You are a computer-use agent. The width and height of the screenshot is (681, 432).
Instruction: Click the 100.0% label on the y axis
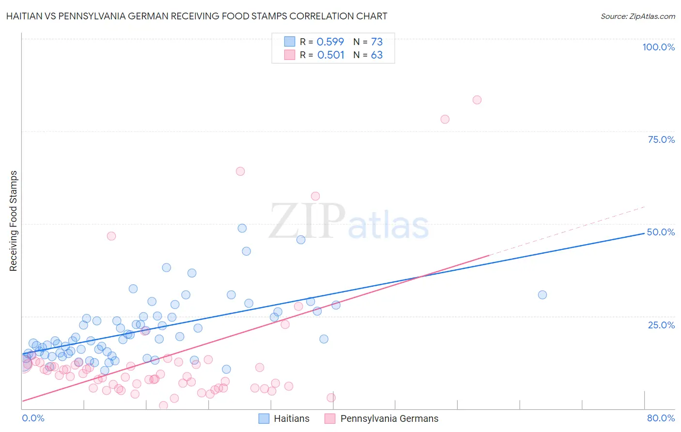point(658,47)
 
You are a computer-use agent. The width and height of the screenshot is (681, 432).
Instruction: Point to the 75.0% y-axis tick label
point(661,139)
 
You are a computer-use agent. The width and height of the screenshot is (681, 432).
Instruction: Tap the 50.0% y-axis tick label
point(661,232)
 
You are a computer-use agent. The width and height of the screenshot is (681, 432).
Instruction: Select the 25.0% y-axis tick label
point(661,325)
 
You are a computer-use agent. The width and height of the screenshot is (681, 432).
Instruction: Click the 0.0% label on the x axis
point(33,418)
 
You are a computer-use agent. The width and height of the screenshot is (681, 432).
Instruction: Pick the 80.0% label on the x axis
point(661,418)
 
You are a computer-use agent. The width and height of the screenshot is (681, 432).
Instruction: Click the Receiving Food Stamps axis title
point(14,221)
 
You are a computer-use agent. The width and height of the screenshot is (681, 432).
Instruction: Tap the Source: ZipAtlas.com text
point(637,16)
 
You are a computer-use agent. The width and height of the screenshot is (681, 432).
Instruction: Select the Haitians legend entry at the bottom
point(284,418)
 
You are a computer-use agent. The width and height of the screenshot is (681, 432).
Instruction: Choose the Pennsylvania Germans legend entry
point(382,418)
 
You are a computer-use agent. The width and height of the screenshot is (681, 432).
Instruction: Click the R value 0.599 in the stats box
point(330,42)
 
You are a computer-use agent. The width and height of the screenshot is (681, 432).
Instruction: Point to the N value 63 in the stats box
point(376,55)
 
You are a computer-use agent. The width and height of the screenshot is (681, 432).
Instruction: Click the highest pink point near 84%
point(477,100)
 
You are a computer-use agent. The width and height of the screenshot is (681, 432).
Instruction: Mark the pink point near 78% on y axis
point(445,119)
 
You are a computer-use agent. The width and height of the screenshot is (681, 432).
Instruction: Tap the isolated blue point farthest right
point(542,295)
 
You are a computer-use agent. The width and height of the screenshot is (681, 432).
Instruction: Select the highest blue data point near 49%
point(242,228)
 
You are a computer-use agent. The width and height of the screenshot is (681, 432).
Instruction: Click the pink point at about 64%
point(240,171)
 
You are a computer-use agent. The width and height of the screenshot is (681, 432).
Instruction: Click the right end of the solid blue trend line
point(644,233)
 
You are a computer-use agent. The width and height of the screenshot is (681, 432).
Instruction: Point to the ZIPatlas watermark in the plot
point(349,222)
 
